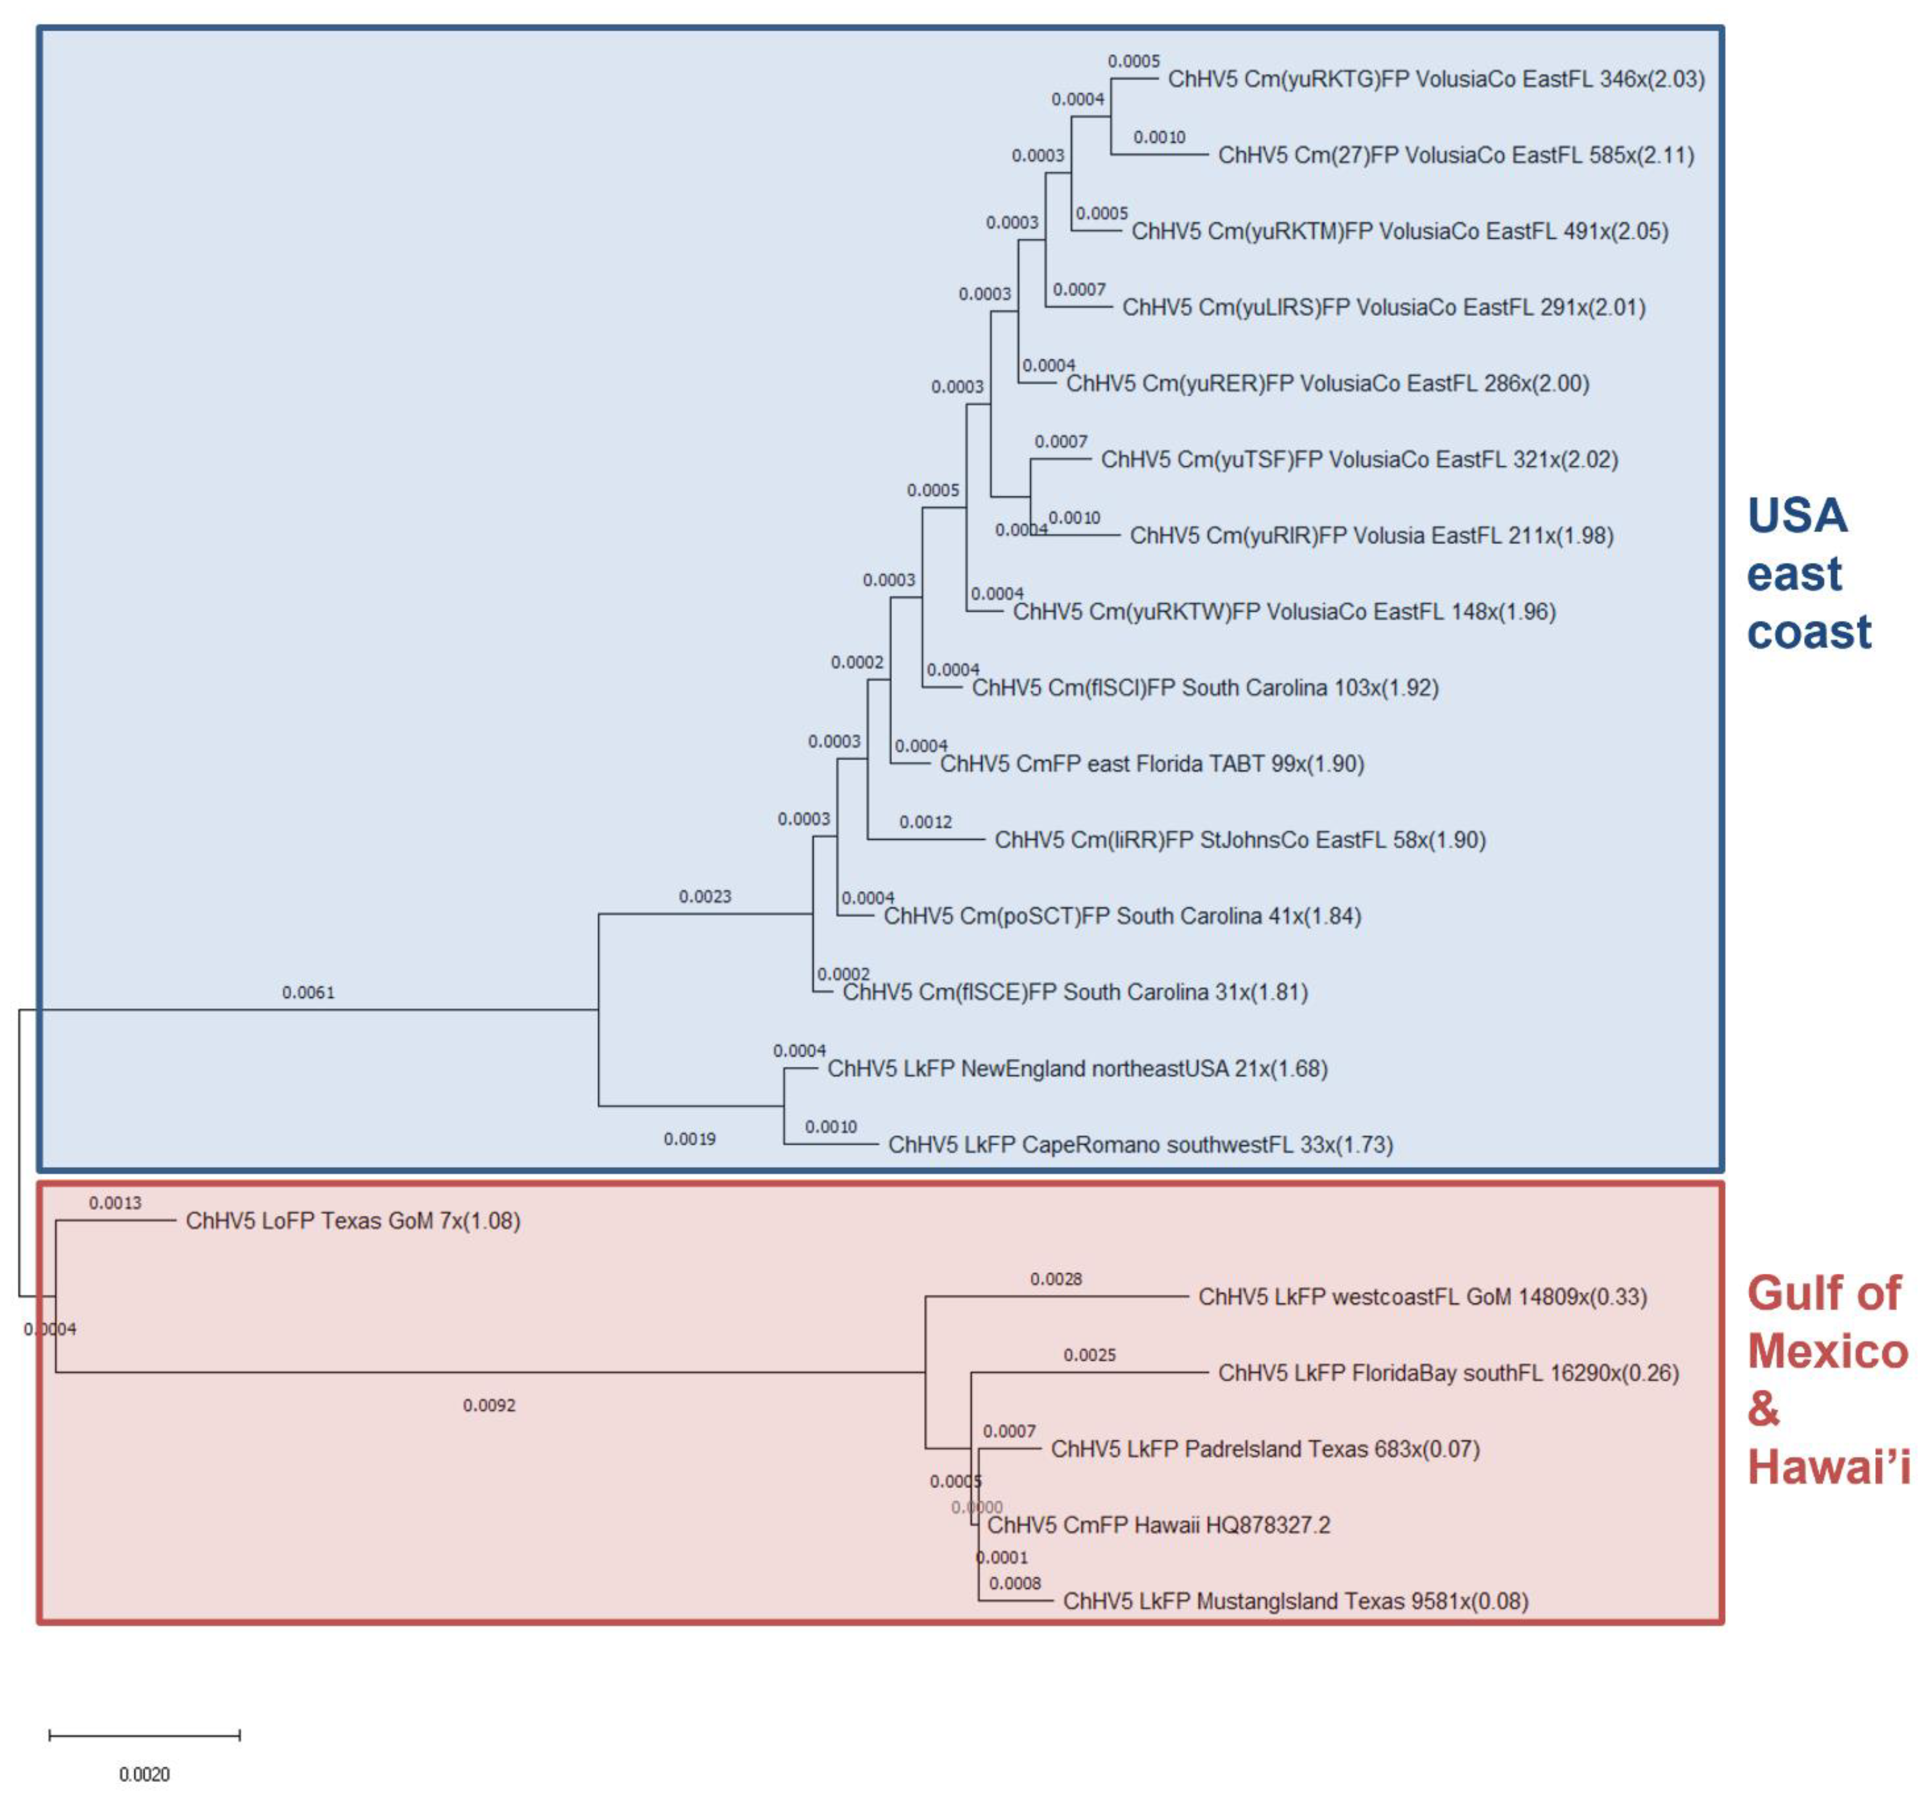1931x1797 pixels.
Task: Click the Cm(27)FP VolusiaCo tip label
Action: coord(1455,156)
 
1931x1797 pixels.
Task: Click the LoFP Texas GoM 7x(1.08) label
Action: coord(353,1221)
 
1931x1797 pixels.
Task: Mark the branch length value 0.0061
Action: coord(308,992)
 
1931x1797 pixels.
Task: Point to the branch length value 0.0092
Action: coord(489,1406)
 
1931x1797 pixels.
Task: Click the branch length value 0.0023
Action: coord(704,896)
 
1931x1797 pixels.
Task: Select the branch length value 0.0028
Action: coord(1056,1279)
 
